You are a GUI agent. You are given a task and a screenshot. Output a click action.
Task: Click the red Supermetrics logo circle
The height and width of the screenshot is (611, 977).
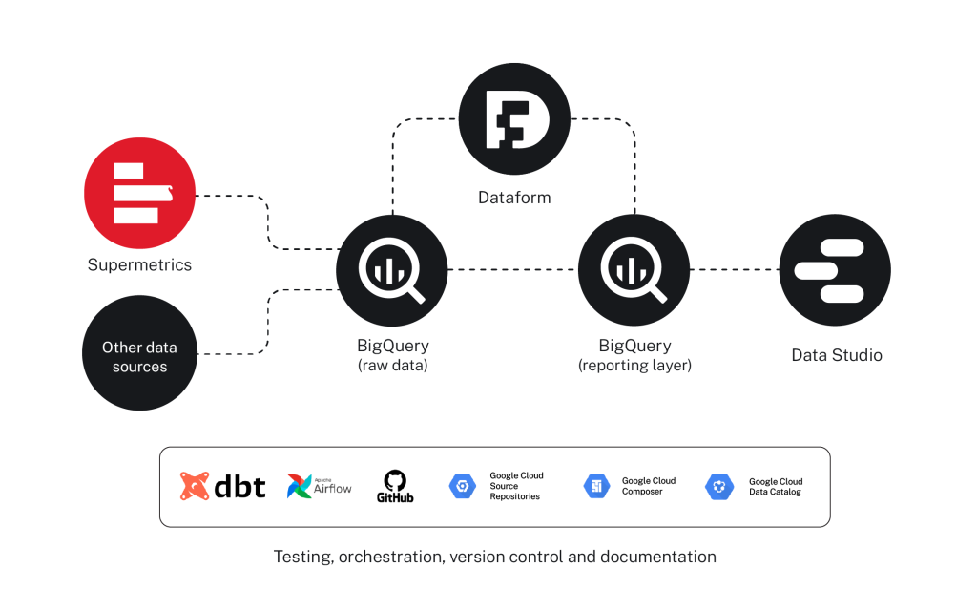(x=139, y=193)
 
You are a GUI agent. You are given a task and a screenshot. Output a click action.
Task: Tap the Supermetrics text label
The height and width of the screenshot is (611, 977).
(x=139, y=264)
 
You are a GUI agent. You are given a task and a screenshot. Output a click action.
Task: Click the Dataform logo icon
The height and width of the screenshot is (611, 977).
(x=514, y=120)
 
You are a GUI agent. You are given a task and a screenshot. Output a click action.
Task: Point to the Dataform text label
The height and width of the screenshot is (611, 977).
(x=514, y=199)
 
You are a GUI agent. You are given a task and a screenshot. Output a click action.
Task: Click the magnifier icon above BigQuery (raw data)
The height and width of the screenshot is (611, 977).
(x=392, y=269)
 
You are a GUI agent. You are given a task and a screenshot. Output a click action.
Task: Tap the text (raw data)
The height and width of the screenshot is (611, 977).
(x=392, y=366)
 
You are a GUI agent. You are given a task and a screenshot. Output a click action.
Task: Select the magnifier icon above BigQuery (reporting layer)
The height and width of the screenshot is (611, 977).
(x=634, y=269)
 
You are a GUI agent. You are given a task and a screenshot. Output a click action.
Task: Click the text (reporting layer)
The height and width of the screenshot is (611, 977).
(x=634, y=366)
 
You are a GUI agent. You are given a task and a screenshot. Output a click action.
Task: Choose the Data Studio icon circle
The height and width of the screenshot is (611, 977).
(x=835, y=269)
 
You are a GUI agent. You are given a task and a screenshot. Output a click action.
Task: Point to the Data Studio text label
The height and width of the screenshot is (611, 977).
(x=837, y=355)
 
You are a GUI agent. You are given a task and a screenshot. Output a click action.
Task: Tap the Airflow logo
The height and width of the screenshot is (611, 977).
(x=320, y=487)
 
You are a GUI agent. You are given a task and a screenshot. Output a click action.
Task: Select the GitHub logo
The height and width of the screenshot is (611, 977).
(x=394, y=487)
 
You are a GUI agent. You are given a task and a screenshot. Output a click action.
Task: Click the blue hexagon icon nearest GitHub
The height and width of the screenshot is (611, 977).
(x=463, y=487)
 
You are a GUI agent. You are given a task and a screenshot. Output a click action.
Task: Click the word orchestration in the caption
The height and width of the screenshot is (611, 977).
(x=388, y=557)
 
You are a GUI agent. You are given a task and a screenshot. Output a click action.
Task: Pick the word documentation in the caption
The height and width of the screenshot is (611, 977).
(x=656, y=557)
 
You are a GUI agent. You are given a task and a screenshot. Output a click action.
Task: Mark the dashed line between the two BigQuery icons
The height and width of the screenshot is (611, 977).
(x=513, y=270)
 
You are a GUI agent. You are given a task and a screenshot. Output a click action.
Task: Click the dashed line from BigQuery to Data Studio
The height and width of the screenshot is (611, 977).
(x=735, y=270)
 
